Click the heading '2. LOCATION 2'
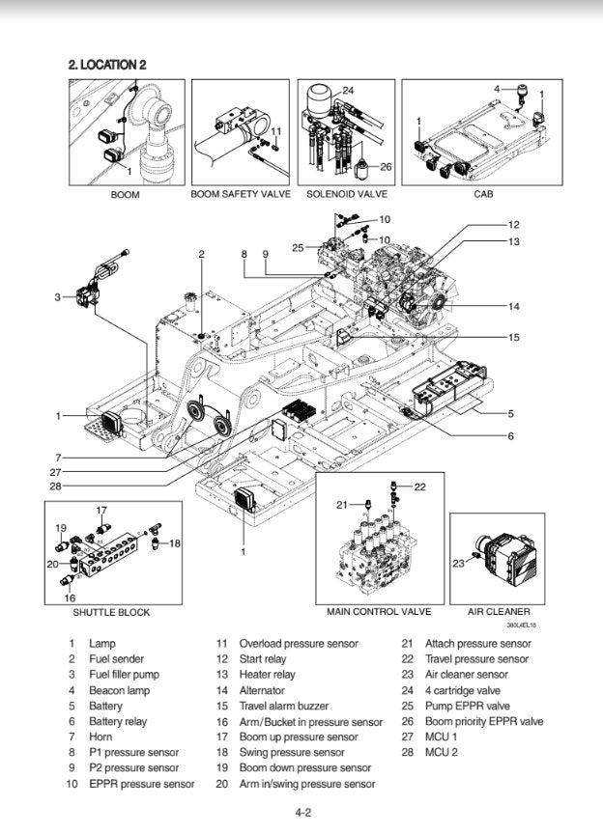pyautogui.click(x=107, y=65)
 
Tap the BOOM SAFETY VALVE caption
pyautogui.click(x=241, y=194)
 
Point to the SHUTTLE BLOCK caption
pyautogui.click(x=111, y=612)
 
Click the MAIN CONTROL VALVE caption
pyautogui.click(x=379, y=612)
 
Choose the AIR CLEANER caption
pyautogui.click(x=499, y=612)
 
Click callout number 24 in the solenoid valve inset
pyautogui.click(x=348, y=91)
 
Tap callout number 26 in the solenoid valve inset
pyautogui.click(x=385, y=166)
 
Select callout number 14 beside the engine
pyautogui.click(x=513, y=306)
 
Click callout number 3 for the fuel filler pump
pyautogui.click(x=58, y=296)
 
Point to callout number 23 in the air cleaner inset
pyautogui.click(x=456, y=563)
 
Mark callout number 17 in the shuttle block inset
pyautogui.click(x=101, y=510)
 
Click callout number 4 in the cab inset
pyautogui.click(x=497, y=89)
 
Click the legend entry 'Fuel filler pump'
pyautogui.click(x=124, y=675)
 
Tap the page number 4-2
pyautogui.click(x=302, y=813)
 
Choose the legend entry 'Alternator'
pyautogui.click(x=262, y=690)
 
